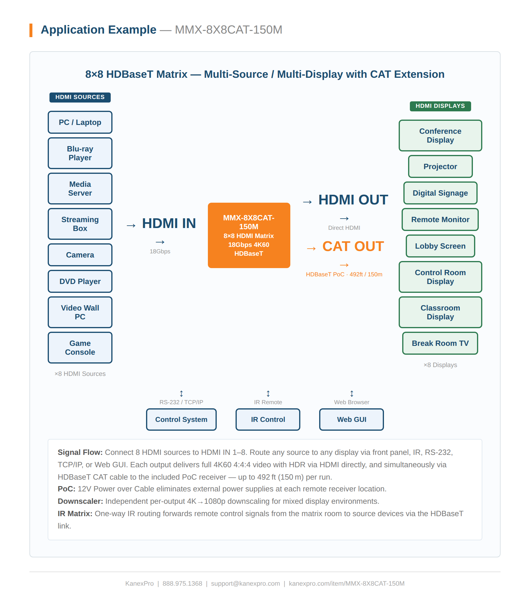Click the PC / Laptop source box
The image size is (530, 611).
coord(80,122)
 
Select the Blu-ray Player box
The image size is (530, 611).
coord(80,153)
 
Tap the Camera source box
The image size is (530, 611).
coord(80,255)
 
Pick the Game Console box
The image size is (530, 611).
coord(80,348)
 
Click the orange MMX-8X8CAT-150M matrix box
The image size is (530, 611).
coord(249,235)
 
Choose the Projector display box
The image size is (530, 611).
coord(440,166)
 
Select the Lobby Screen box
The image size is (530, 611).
coord(440,246)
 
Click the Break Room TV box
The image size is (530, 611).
coord(440,343)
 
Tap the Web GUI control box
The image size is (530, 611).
coord(351,419)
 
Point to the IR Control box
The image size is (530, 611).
coord(268,419)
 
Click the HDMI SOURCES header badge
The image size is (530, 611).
coord(80,97)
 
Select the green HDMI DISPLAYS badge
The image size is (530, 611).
coord(440,106)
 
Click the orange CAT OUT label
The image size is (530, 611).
coord(353,246)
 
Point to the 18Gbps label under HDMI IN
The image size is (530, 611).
coord(160,251)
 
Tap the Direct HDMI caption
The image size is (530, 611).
coord(344,228)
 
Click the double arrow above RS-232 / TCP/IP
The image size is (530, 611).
coord(181,394)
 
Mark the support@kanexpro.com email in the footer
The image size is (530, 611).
coord(245,584)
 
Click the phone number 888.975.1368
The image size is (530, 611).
coord(182,584)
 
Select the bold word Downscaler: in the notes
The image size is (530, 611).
coord(80,501)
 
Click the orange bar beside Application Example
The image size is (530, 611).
coord(31,30)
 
